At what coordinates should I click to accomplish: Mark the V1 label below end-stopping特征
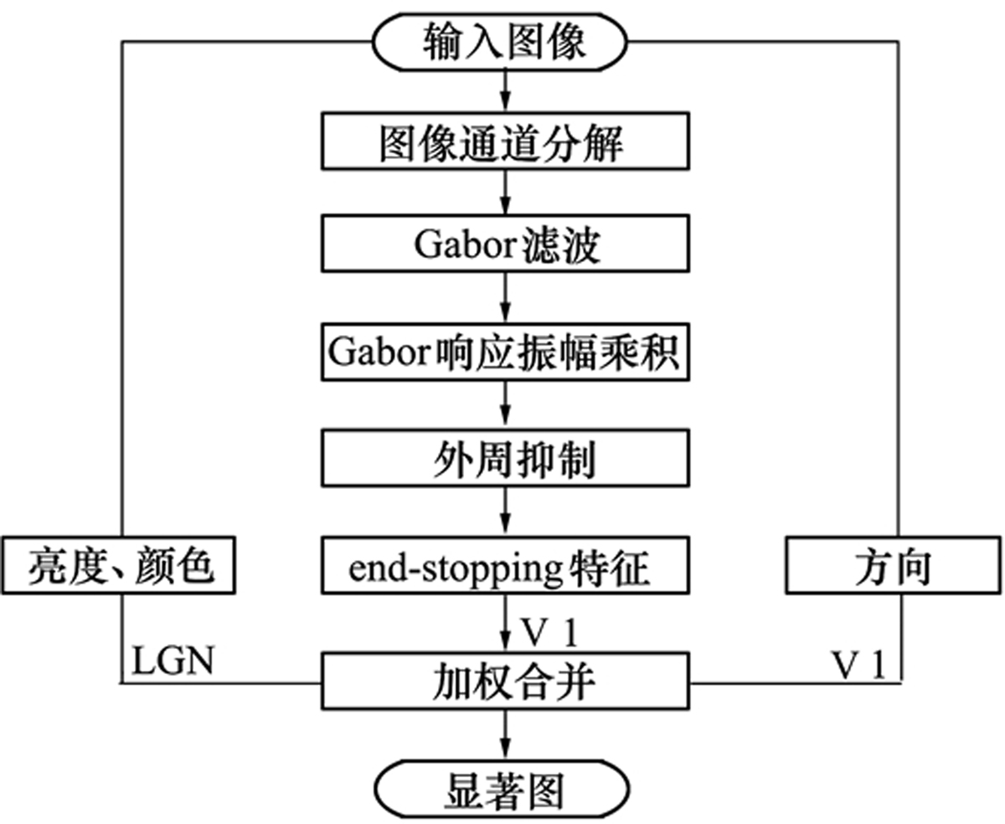pyautogui.click(x=549, y=633)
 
